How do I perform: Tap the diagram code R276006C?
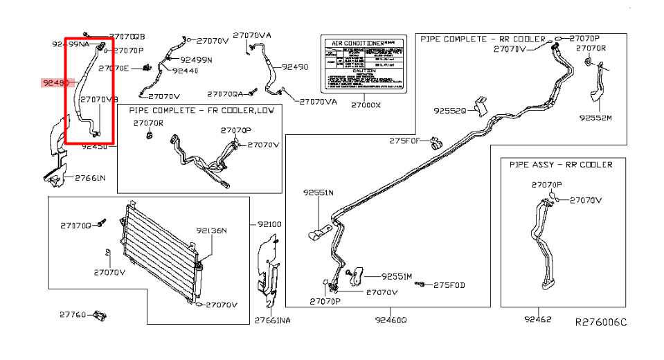[600, 322]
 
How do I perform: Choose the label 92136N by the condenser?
[211, 231]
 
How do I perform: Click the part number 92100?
[269, 225]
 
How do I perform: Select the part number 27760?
[72, 315]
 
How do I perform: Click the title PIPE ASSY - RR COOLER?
[561, 165]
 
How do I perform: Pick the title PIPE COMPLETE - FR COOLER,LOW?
[201, 111]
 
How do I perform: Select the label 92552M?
[596, 118]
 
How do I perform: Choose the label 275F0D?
[449, 285]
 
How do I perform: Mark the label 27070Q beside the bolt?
[75, 225]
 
